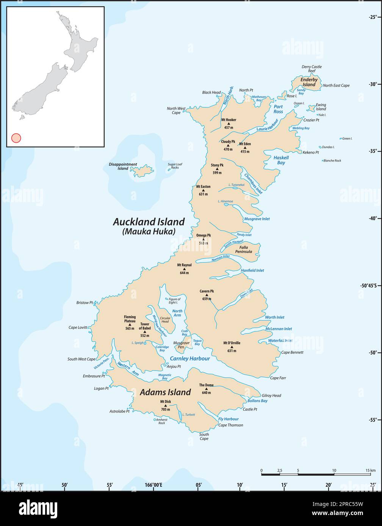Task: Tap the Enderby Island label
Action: coord(308,82)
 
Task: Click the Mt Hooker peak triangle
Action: coord(229,124)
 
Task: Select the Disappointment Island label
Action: coord(123,167)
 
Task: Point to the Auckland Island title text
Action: coord(149,222)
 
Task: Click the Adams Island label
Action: coord(165,392)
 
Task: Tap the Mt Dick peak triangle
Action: coord(165,405)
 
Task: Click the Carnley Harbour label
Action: coord(190,358)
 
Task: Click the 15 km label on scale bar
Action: coord(371,470)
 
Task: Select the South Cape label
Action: coord(204,436)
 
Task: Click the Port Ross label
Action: coord(279,109)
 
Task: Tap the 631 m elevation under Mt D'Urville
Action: coord(232,351)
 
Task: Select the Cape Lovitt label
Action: coord(78,327)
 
